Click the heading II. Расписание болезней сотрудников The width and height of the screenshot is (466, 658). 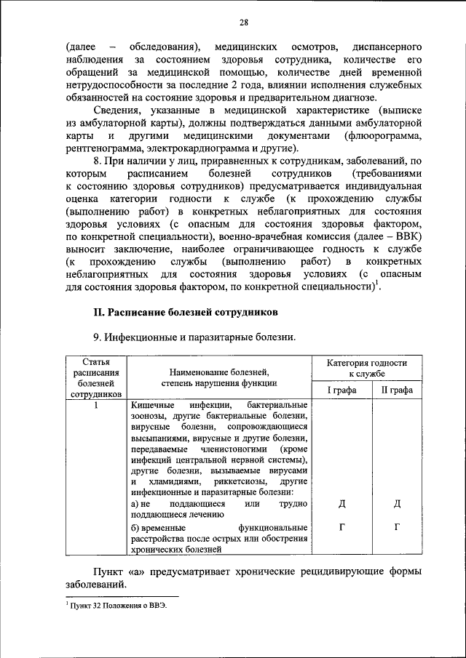coord(185,312)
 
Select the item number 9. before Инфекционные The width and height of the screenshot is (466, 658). coord(97,337)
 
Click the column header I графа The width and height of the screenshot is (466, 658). coord(341,390)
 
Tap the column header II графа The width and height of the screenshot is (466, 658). coord(397,390)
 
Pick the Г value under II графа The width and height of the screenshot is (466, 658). coord(397,526)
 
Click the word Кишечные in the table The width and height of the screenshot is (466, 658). coord(152,405)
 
